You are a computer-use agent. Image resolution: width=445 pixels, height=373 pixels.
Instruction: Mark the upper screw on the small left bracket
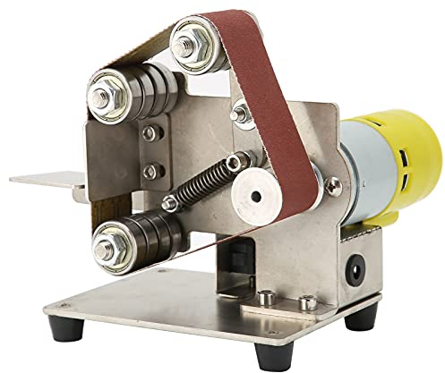[x=150, y=134]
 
